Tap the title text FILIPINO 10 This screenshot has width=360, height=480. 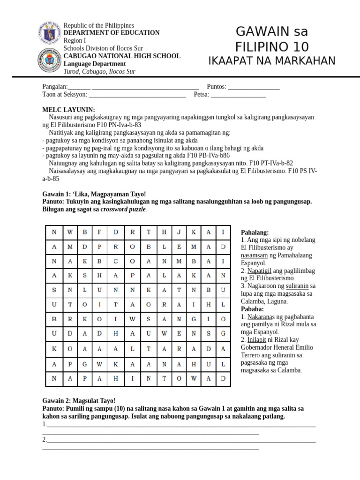(x=272, y=47)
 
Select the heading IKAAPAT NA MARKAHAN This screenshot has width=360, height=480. (x=272, y=61)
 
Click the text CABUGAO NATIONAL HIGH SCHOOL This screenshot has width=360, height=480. (x=122, y=56)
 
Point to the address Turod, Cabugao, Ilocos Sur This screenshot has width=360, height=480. (x=99, y=72)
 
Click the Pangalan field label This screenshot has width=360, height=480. (x=55, y=87)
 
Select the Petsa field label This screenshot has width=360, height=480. (x=201, y=95)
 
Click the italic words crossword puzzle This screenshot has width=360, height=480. (x=123, y=209)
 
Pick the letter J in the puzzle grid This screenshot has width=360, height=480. (x=179, y=232)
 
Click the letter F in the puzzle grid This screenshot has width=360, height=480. (x=100, y=232)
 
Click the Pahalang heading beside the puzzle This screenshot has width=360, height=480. (x=255, y=232)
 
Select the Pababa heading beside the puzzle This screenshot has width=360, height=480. (x=252, y=309)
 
